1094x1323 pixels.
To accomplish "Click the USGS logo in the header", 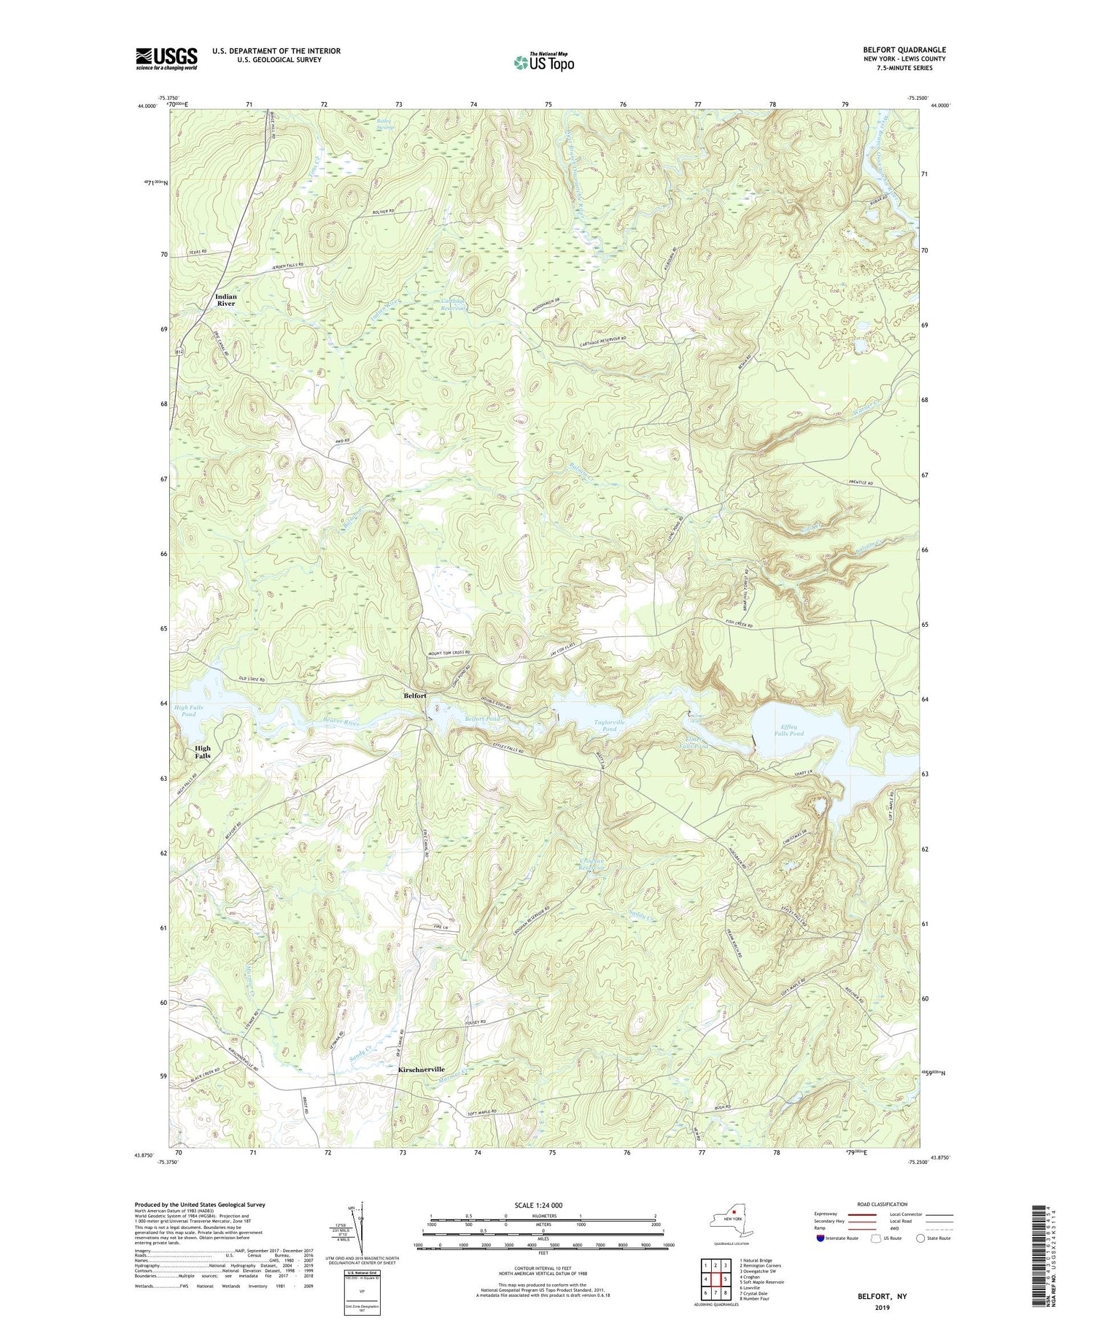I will pyautogui.click(x=166, y=58).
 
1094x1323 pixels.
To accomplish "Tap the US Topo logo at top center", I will pyautogui.click(x=543, y=62).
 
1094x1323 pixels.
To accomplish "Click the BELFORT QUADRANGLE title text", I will pyautogui.click(x=904, y=50).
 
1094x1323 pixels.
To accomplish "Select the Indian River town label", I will pyautogui.click(x=225, y=300).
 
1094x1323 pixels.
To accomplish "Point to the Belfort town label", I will pyautogui.click(x=415, y=695).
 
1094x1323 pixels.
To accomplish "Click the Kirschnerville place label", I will pyautogui.click(x=421, y=1069).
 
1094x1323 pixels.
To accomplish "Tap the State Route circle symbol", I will pyautogui.click(x=921, y=1238).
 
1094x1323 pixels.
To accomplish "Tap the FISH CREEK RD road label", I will pyautogui.click(x=742, y=625).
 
